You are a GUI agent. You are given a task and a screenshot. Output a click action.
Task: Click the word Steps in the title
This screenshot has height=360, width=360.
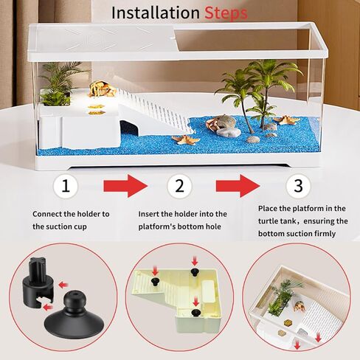[226, 13]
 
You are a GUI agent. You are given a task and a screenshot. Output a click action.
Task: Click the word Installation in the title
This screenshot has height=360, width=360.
[156, 13]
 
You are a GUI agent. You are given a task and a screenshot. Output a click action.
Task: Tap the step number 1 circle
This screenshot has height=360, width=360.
[66, 186]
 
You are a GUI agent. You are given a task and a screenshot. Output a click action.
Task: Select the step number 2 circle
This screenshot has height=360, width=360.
[179, 186]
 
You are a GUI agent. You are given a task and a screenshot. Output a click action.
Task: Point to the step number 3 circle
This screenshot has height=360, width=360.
[298, 186]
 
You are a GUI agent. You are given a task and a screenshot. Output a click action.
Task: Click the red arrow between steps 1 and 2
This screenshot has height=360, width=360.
[125, 186]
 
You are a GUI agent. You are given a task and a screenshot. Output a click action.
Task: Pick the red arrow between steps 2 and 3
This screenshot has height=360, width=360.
[238, 186]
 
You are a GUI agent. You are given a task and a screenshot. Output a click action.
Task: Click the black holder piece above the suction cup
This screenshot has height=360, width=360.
[38, 281]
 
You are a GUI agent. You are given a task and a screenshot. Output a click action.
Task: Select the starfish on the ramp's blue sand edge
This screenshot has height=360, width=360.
[186, 140]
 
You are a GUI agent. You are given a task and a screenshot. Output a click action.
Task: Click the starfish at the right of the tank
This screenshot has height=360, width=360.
[286, 120]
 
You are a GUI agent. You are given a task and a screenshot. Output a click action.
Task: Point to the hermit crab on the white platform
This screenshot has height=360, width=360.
[102, 89]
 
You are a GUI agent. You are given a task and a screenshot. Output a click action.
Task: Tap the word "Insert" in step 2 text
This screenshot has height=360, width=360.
[148, 214]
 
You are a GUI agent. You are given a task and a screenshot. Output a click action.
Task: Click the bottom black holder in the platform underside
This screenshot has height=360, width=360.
[195, 313]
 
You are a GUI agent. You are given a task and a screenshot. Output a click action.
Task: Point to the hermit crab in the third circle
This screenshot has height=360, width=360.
[300, 306]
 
